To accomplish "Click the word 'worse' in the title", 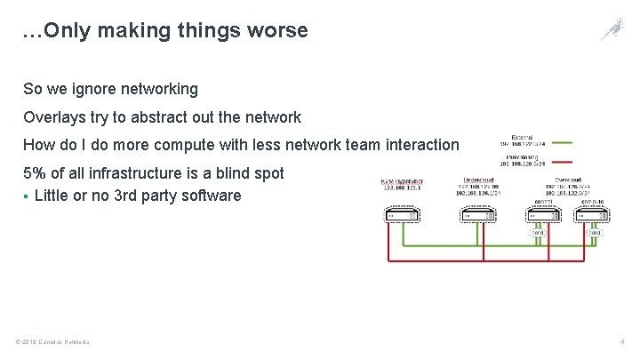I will point(278,30).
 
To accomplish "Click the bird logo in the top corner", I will point(612,29).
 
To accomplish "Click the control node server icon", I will point(541,215).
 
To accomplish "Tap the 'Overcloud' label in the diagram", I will point(567,179).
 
